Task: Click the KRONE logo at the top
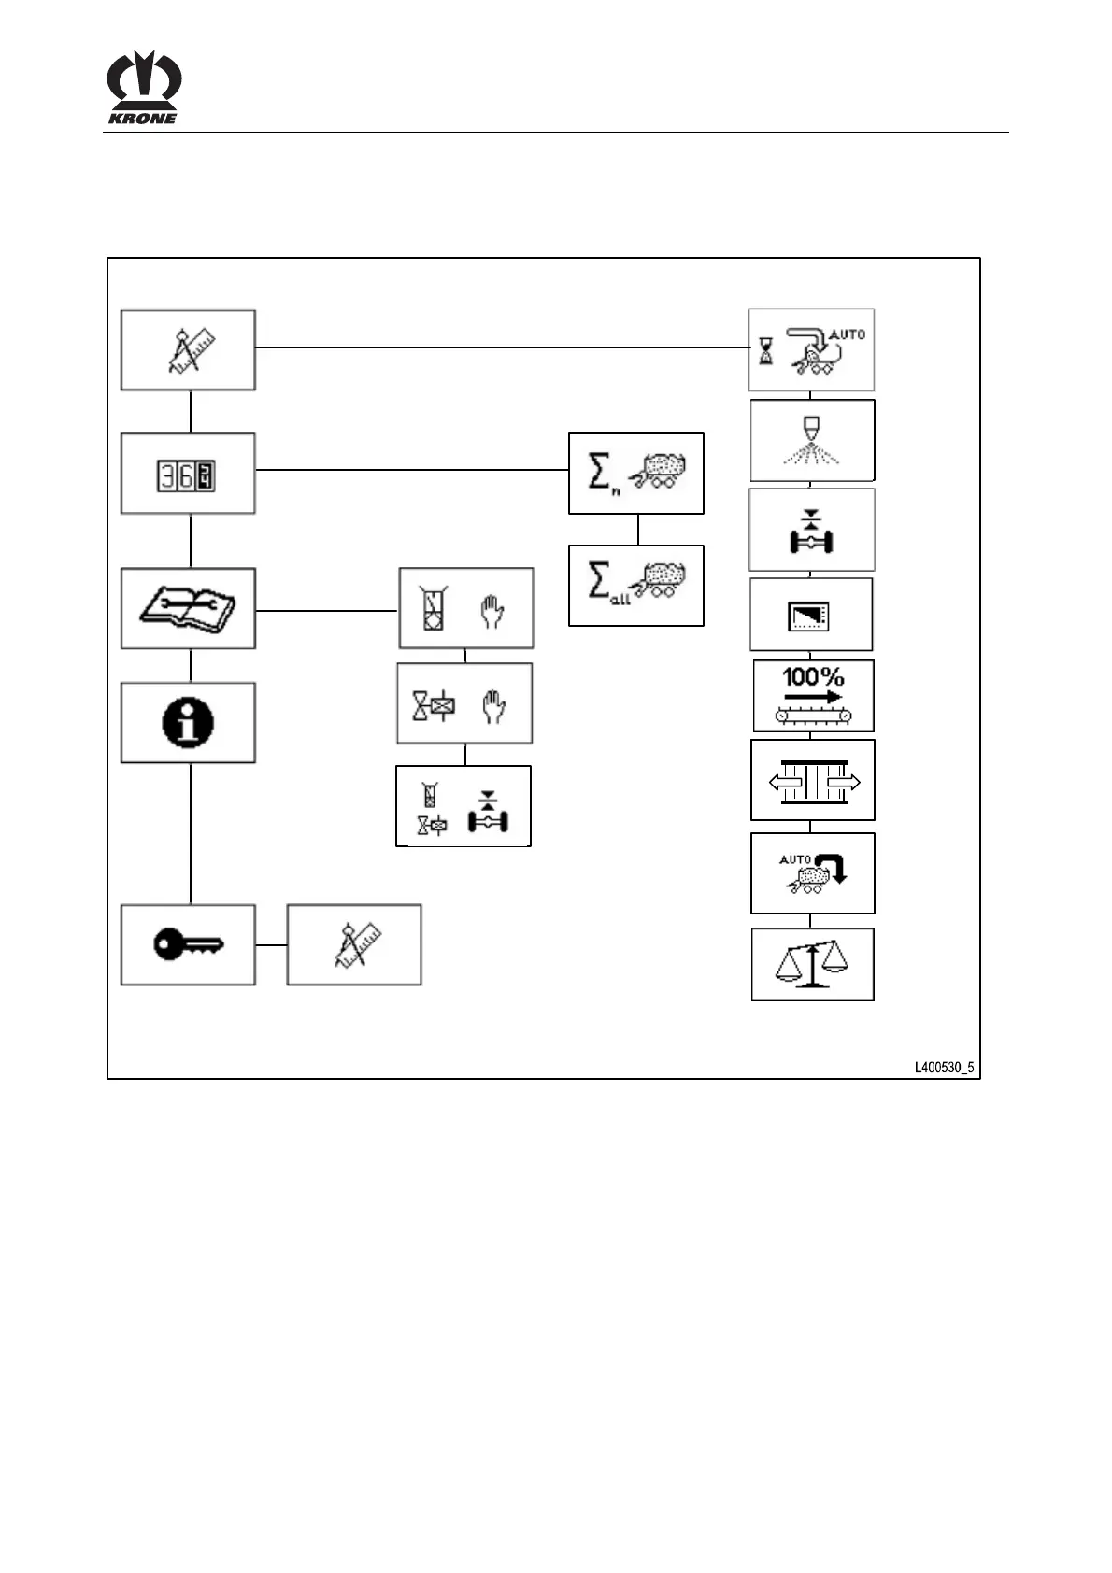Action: (x=143, y=87)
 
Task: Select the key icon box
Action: (x=188, y=944)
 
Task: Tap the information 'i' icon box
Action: (x=188, y=722)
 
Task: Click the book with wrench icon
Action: (x=188, y=608)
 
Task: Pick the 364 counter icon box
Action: (x=188, y=474)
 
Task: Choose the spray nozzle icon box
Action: (x=812, y=440)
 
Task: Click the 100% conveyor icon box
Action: (x=813, y=696)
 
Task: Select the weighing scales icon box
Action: (x=812, y=964)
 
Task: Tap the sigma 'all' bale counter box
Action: (x=635, y=586)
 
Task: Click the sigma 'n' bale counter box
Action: (x=635, y=474)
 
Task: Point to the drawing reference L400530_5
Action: (x=944, y=1067)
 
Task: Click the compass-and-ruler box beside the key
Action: (x=353, y=944)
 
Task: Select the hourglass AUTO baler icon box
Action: (x=811, y=350)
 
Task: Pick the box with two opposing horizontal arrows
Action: (x=812, y=780)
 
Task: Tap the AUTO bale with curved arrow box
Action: (x=812, y=873)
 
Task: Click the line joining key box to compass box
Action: (x=271, y=944)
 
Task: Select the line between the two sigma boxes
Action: (x=638, y=530)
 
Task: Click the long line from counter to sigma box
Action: (x=411, y=470)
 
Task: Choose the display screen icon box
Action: (x=811, y=615)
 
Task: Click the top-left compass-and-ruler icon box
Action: (x=188, y=350)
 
